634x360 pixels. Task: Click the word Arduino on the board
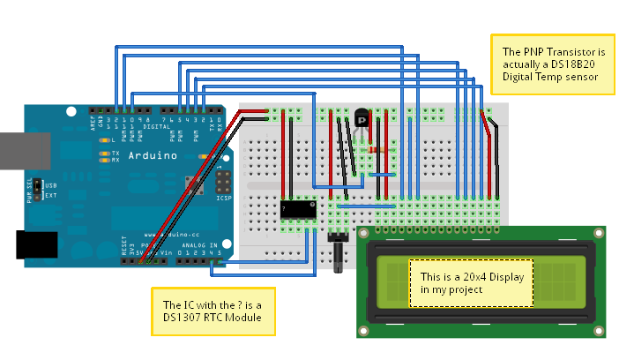[x=153, y=155]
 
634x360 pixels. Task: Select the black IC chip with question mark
[x=298, y=208]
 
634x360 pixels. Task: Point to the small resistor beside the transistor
[x=380, y=151]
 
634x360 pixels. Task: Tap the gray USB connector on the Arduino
[x=13, y=150]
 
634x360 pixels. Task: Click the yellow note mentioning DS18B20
[x=547, y=64]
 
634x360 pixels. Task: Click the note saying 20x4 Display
[x=471, y=282]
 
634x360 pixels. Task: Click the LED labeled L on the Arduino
[x=105, y=140]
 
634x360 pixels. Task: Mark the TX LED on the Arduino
[x=105, y=153]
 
